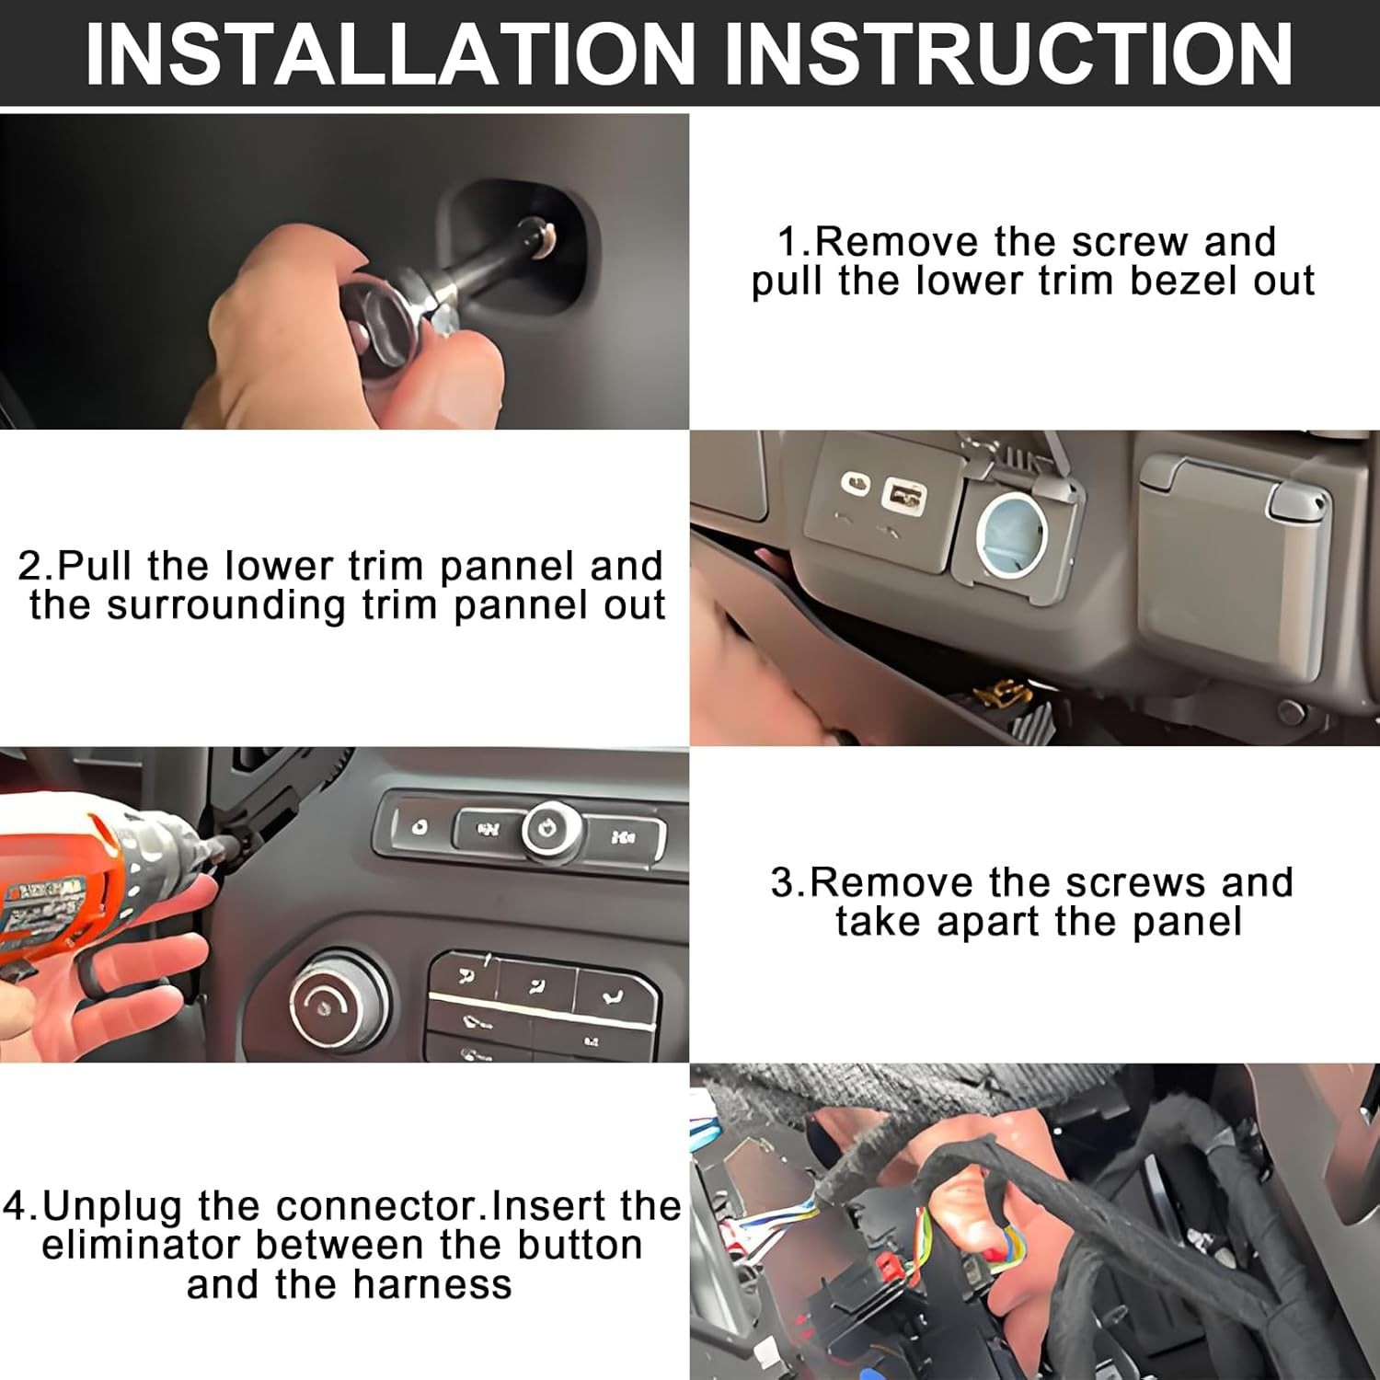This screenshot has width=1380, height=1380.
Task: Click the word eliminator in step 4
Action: click(x=144, y=1245)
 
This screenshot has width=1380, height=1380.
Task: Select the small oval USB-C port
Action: click(x=857, y=484)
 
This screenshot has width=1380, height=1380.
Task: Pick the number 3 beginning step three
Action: click(x=783, y=883)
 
